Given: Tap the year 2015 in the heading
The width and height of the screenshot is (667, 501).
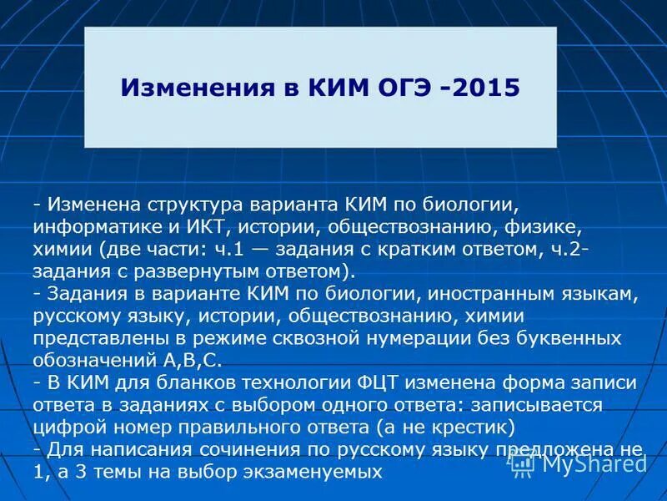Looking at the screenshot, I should click(486, 88).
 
